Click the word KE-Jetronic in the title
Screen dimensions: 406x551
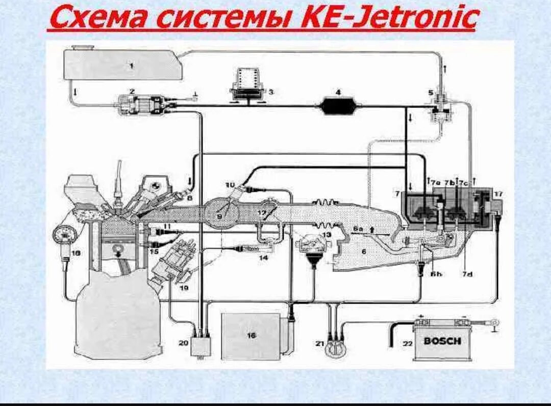389,18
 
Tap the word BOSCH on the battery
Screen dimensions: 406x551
442,341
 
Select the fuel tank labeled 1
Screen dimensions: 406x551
122,64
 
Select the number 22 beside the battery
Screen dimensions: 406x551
407,344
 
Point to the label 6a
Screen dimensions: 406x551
358,230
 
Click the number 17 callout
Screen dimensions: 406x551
498,194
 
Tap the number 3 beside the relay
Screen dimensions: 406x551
271,92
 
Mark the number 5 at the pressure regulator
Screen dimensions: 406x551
431,93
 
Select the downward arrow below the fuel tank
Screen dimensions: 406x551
76,92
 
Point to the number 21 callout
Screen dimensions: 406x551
320,344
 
